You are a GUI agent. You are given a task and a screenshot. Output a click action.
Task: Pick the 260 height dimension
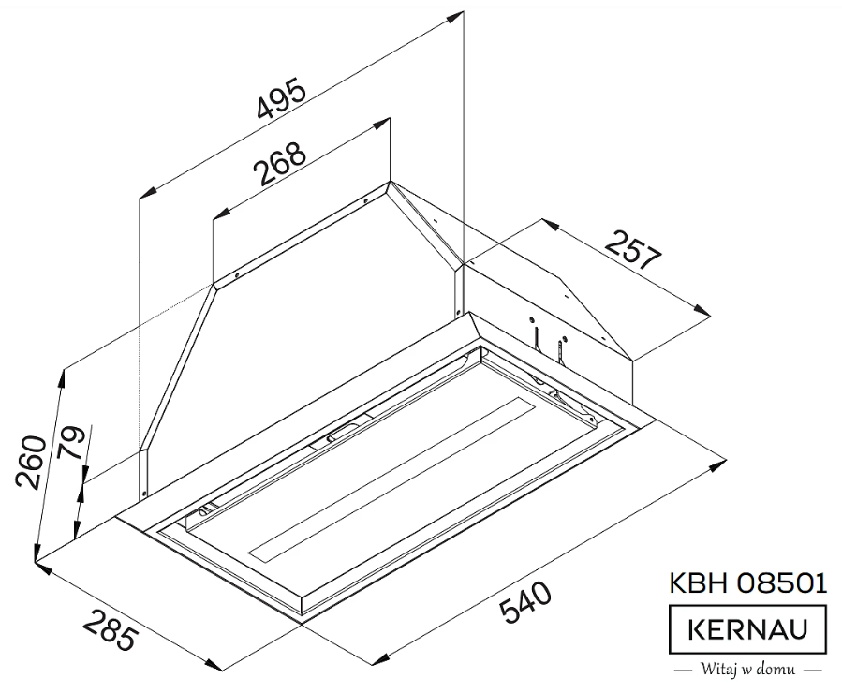[x=32, y=462]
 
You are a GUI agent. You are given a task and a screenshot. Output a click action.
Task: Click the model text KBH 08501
[x=747, y=583]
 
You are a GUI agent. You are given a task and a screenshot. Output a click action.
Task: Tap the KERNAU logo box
[x=747, y=629]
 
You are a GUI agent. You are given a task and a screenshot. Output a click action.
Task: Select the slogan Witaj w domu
[x=747, y=671]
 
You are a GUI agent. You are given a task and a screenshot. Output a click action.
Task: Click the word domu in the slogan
[x=776, y=671]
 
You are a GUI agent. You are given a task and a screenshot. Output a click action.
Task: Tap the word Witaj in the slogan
[x=716, y=671]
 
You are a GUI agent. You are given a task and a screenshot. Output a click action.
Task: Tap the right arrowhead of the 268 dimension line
[x=385, y=122]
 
